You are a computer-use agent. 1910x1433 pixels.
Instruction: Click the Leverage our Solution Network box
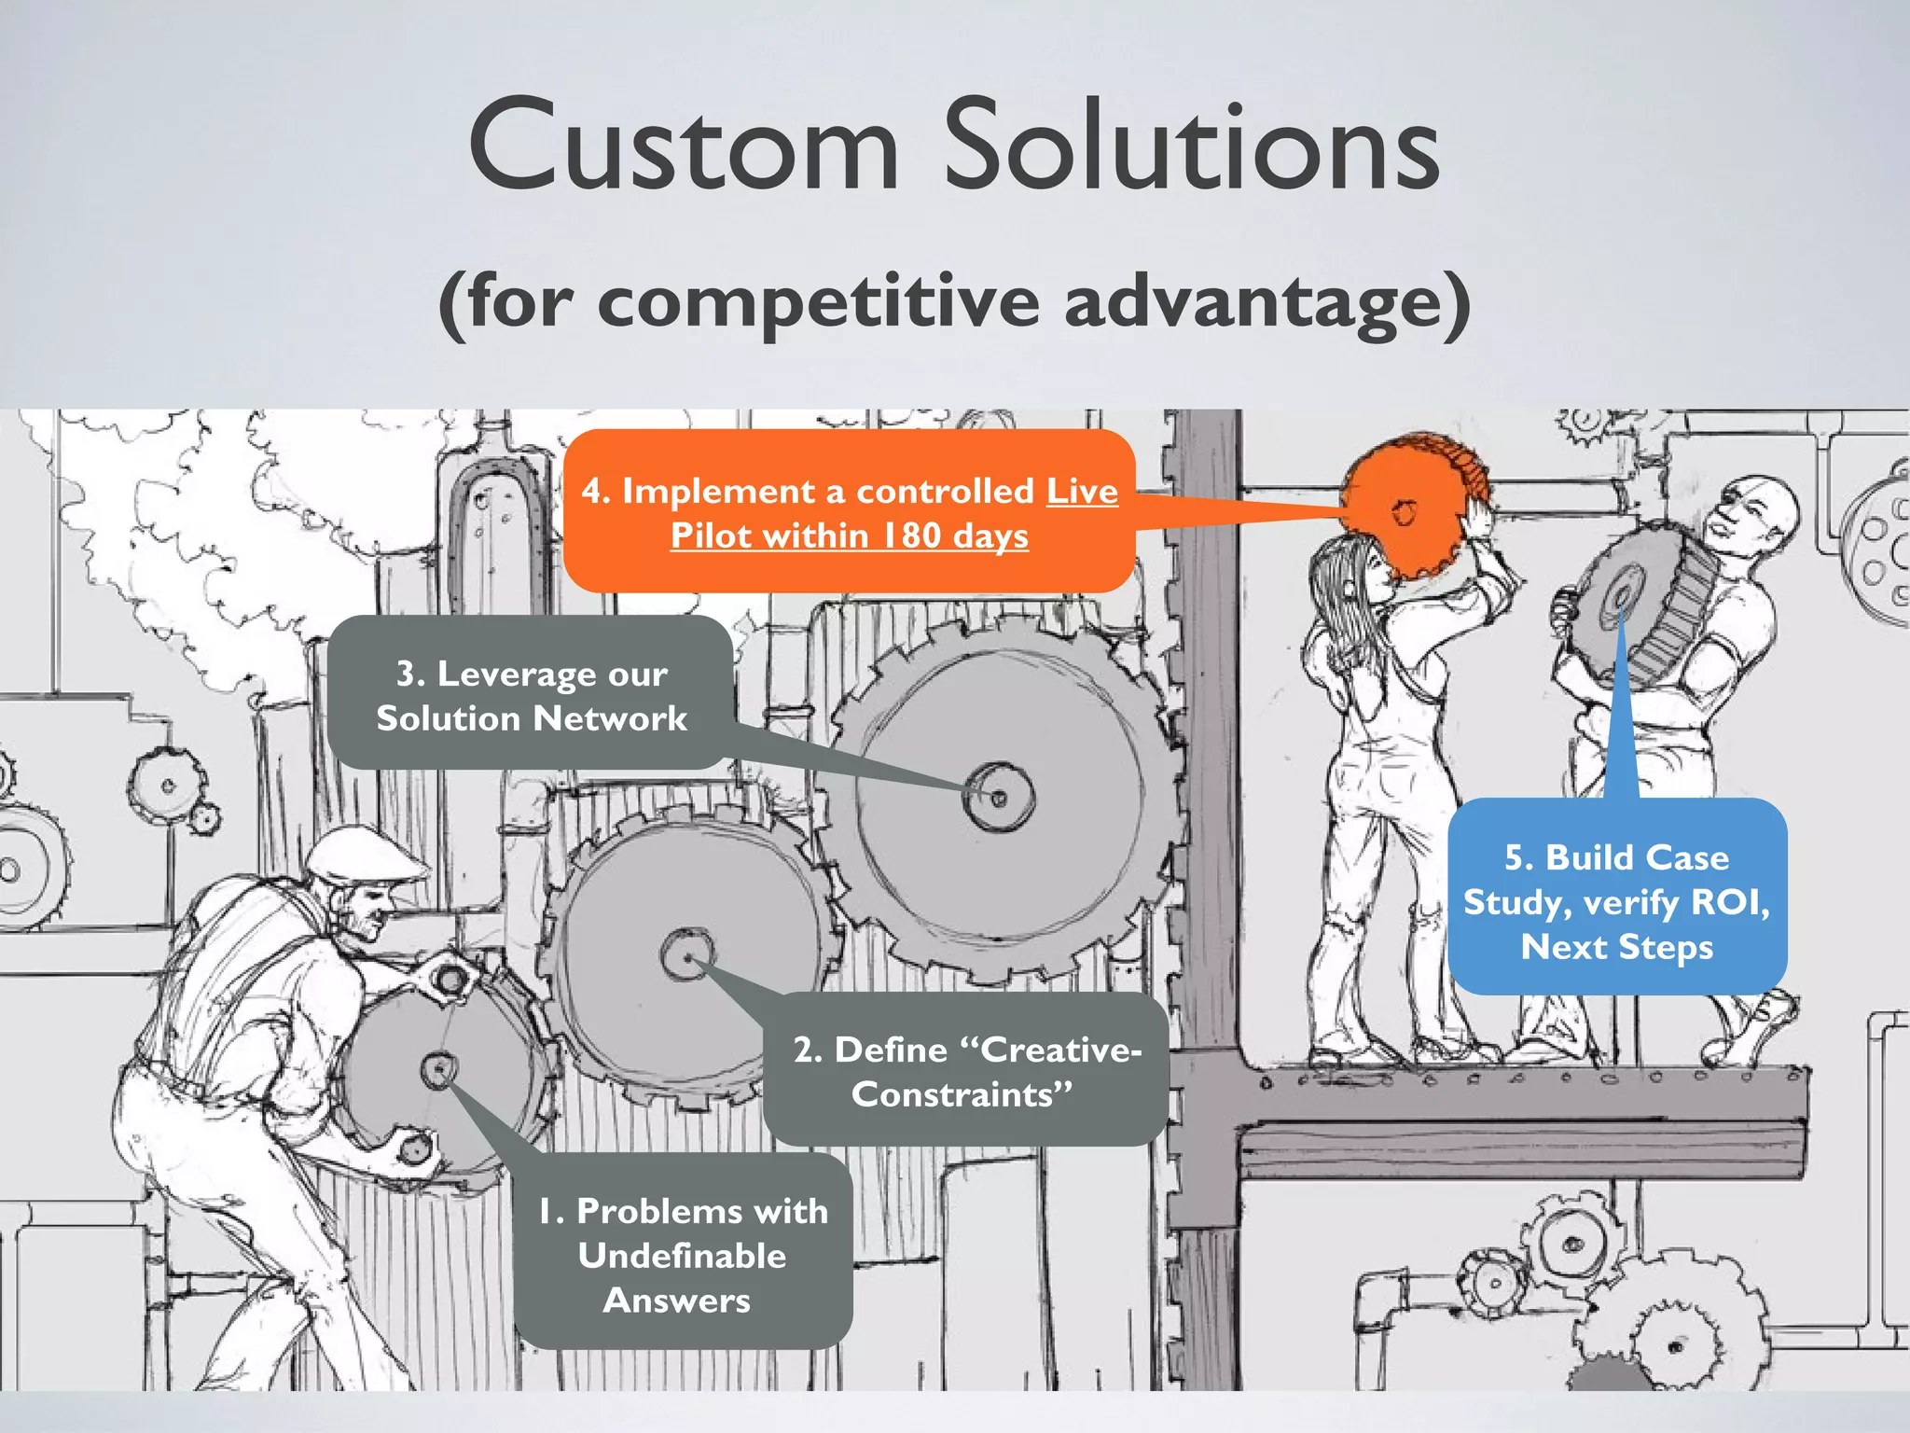(x=531, y=695)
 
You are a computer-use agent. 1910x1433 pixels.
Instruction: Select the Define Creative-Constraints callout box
(x=965, y=1071)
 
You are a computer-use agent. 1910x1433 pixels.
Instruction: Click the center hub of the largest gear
(x=999, y=798)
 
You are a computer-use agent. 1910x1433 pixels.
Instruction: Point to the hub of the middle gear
(x=688, y=955)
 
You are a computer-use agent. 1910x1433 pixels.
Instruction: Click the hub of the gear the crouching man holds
(x=437, y=1069)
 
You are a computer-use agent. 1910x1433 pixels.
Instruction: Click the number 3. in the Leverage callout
(x=409, y=674)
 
